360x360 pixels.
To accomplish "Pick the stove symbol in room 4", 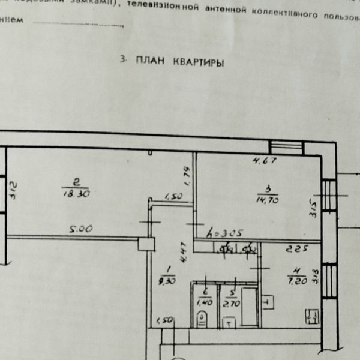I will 311,316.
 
